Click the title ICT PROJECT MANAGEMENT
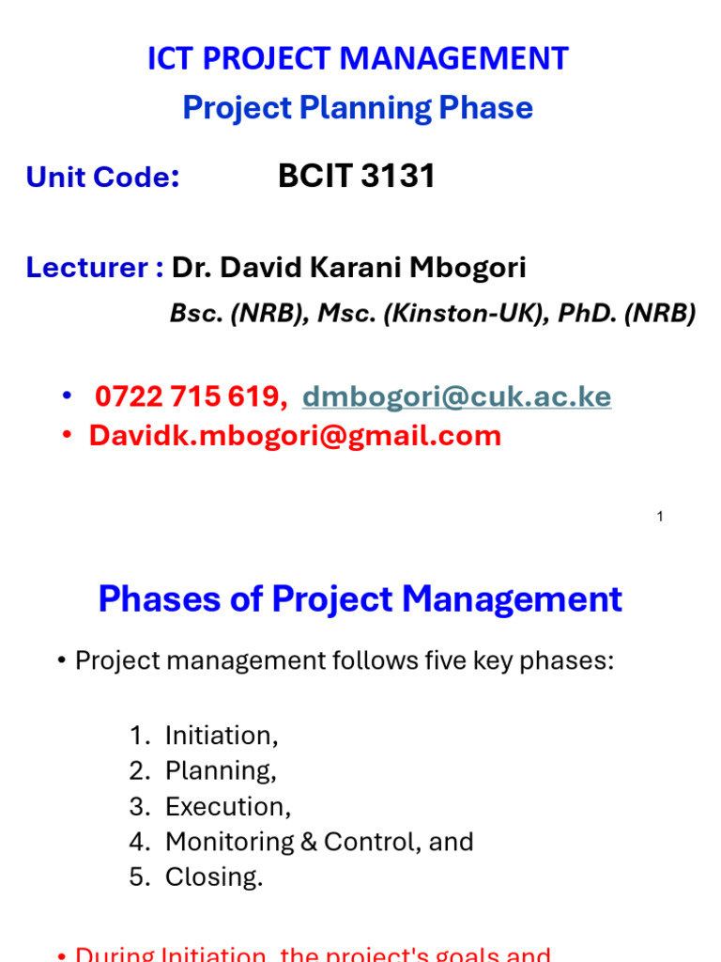pyautogui.click(x=358, y=59)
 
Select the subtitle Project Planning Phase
pyautogui.click(x=358, y=108)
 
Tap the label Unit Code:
pyautogui.click(x=102, y=177)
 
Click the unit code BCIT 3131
pyautogui.click(x=357, y=176)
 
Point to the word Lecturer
pyautogui.click(x=86, y=268)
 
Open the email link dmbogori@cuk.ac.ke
pyautogui.click(x=456, y=396)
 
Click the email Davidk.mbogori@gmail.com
pyautogui.click(x=295, y=436)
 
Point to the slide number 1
pyautogui.click(x=660, y=517)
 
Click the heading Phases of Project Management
pyautogui.click(x=360, y=598)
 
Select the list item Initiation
pyautogui.click(x=221, y=736)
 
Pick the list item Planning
pyautogui.click(x=220, y=771)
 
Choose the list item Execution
pyautogui.click(x=227, y=807)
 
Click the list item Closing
pyautogui.click(x=214, y=877)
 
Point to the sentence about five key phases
pyautogui.click(x=344, y=660)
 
